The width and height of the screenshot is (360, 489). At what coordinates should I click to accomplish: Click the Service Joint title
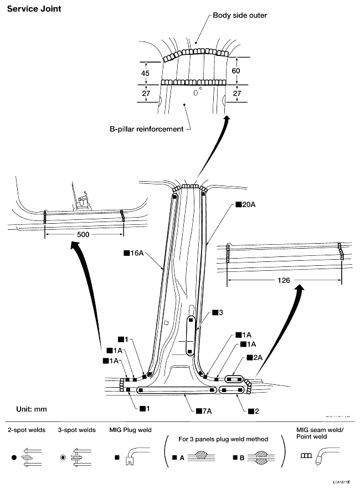pyautogui.click(x=34, y=9)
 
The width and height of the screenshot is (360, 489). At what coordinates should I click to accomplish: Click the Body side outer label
pyautogui.click(x=240, y=16)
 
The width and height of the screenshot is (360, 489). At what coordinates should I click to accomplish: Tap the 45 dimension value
pyautogui.click(x=146, y=73)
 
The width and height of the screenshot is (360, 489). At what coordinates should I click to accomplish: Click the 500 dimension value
pyautogui.click(x=83, y=234)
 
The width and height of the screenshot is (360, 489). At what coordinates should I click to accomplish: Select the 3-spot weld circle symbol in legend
pyautogui.click(x=64, y=458)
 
